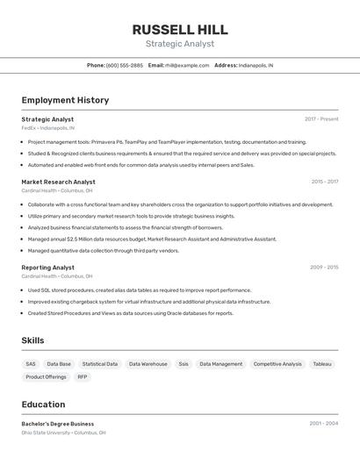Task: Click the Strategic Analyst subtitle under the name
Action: coord(179,43)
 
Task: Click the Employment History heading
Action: coord(65,100)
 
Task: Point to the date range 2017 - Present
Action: coord(321,119)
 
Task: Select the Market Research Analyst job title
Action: coord(58,182)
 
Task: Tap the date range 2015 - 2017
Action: coord(324,182)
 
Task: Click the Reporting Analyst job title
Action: coord(47,267)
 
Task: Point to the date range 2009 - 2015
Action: coord(324,267)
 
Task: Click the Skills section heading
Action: coord(32,340)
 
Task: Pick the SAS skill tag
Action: coord(31,363)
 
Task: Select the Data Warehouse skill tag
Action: coord(148,363)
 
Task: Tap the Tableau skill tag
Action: coord(322,363)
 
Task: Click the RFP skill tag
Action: coord(83,376)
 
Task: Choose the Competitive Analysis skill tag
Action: coord(277,363)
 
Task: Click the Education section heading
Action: coord(43,404)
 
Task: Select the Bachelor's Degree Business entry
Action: coord(58,424)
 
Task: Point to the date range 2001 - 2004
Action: coord(323,424)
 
